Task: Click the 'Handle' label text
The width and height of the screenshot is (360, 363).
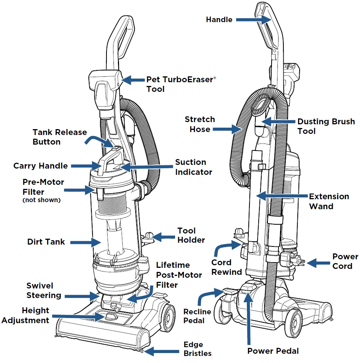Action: pos(219,20)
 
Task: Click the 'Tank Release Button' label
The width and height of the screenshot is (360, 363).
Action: pos(60,137)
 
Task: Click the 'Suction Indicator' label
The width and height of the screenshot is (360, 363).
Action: pos(193,167)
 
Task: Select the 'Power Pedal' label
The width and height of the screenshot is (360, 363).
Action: pos(273,351)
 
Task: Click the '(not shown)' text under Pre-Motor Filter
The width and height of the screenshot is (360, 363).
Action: pos(41,200)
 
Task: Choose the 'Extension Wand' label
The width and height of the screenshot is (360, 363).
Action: pos(329,201)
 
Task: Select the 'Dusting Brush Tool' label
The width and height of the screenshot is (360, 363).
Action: pos(326,126)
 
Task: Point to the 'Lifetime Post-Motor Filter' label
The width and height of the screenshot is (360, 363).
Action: pos(179,275)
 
